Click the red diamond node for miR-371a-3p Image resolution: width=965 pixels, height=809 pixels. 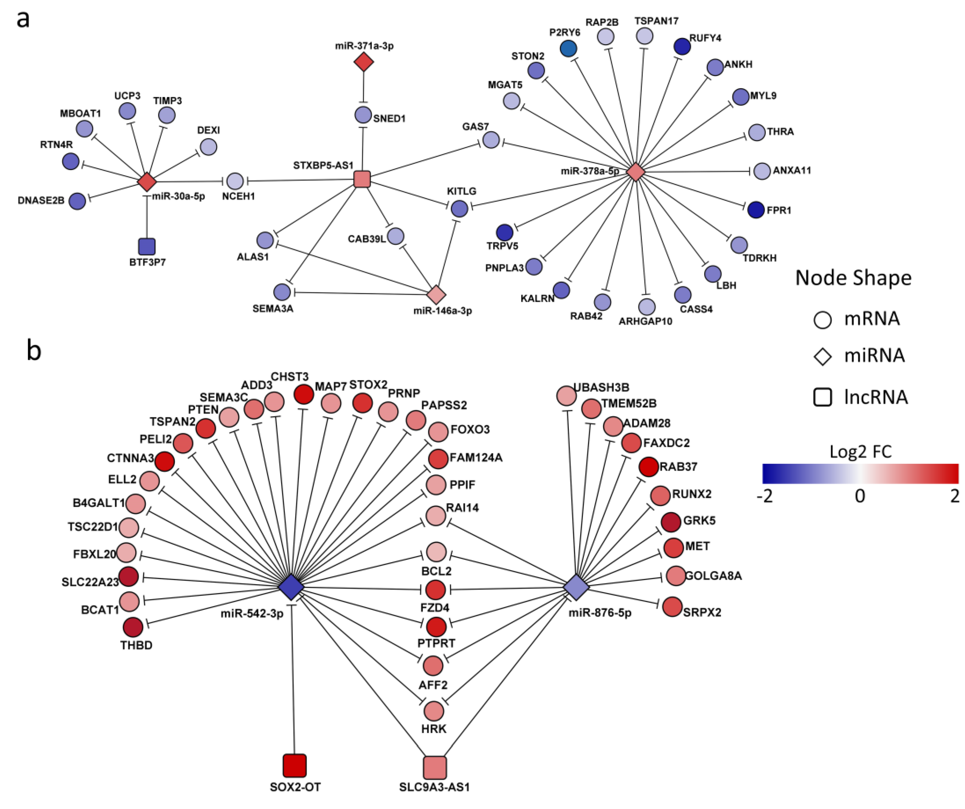click(x=363, y=62)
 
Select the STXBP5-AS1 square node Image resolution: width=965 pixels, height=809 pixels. click(x=362, y=179)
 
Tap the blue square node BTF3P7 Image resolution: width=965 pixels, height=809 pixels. click(x=147, y=247)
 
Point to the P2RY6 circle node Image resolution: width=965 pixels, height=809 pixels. click(x=568, y=48)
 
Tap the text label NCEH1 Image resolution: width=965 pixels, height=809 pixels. click(x=238, y=196)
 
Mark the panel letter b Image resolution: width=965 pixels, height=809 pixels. click(x=34, y=351)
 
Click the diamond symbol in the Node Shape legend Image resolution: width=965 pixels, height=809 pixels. click(x=823, y=356)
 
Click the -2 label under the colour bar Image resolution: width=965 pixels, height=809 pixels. click(x=765, y=496)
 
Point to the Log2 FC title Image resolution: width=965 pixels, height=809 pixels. click(x=860, y=452)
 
